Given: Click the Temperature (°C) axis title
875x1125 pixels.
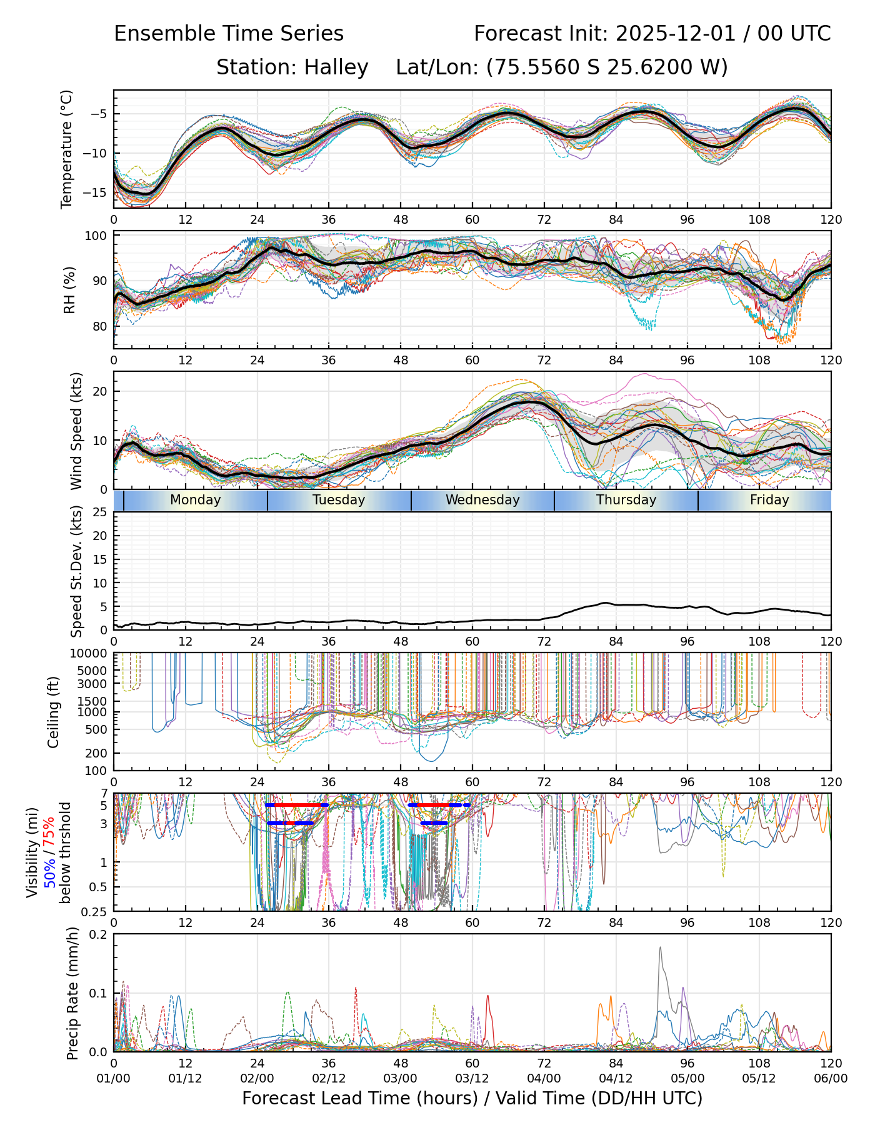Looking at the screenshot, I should click(67, 149).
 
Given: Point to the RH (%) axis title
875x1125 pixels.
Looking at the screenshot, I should click(69, 290).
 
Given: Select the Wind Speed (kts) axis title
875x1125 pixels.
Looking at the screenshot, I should click(76, 431).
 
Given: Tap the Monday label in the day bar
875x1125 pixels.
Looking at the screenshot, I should click(196, 500).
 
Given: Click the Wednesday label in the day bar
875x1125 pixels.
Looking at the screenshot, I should click(482, 500).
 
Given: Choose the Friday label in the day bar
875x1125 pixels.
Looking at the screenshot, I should click(769, 500).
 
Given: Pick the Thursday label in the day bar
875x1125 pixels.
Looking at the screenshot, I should click(626, 500).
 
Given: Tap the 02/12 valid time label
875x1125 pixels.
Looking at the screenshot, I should click(329, 1079).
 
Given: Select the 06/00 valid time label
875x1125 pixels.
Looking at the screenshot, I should click(831, 1079).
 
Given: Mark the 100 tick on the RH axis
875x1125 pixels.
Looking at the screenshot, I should click(97, 236).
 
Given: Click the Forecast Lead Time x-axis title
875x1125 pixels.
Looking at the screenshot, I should click(472, 1098).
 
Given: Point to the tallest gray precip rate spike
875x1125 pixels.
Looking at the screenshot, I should click(660, 949).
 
